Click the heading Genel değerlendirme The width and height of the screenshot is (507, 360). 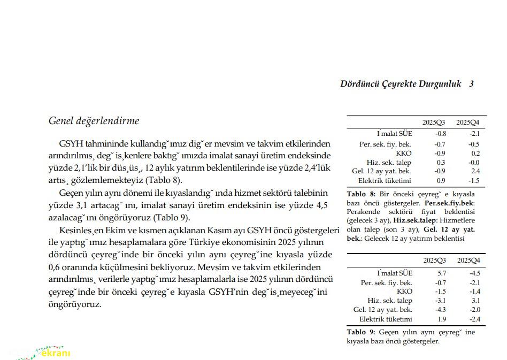pyautogui.click(x=94, y=121)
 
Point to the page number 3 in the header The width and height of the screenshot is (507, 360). pyautogui.click(x=471, y=83)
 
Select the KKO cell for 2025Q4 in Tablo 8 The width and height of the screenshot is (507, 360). pyautogui.click(x=475, y=153)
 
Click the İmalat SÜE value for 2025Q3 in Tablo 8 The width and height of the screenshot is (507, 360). pyautogui.click(x=441, y=134)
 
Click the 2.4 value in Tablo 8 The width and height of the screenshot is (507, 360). pyautogui.click(x=475, y=171)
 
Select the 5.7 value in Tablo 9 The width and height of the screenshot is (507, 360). pyautogui.click(x=441, y=273)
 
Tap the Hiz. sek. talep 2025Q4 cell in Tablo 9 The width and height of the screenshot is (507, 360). pyautogui.click(x=475, y=301)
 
